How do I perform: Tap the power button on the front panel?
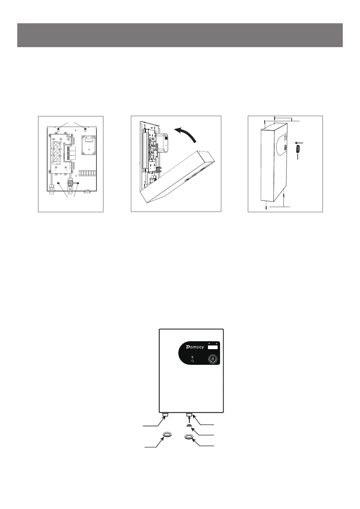coord(212,359)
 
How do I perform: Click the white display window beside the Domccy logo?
coord(213,347)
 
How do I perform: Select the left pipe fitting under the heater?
coord(165,415)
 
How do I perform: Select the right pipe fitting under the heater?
coord(190,415)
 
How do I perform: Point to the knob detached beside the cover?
coord(298,149)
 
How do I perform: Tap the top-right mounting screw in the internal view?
coord(86,130)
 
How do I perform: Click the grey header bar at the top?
coord(180,35)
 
